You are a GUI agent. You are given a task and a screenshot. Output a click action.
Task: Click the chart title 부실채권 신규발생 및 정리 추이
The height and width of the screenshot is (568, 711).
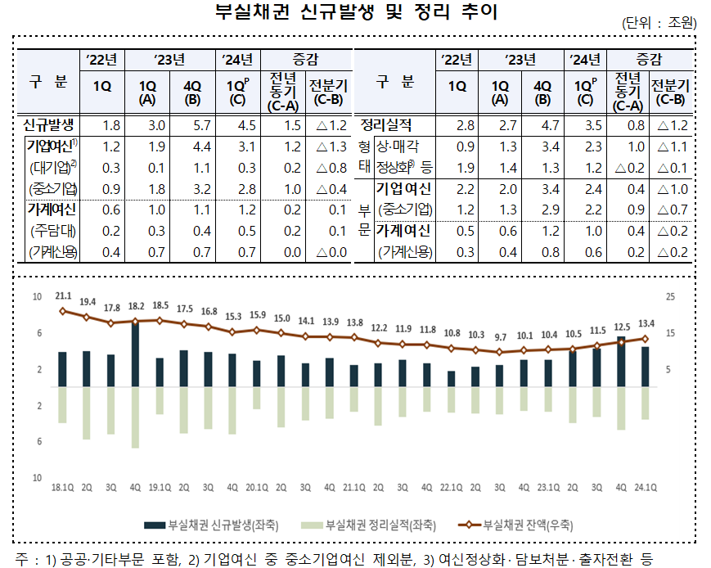pos(355,13)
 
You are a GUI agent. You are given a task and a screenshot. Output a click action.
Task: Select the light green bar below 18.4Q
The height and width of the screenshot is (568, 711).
pos(135,417)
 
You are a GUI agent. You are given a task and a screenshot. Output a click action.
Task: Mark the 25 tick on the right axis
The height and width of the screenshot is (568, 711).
pos(669,296)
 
